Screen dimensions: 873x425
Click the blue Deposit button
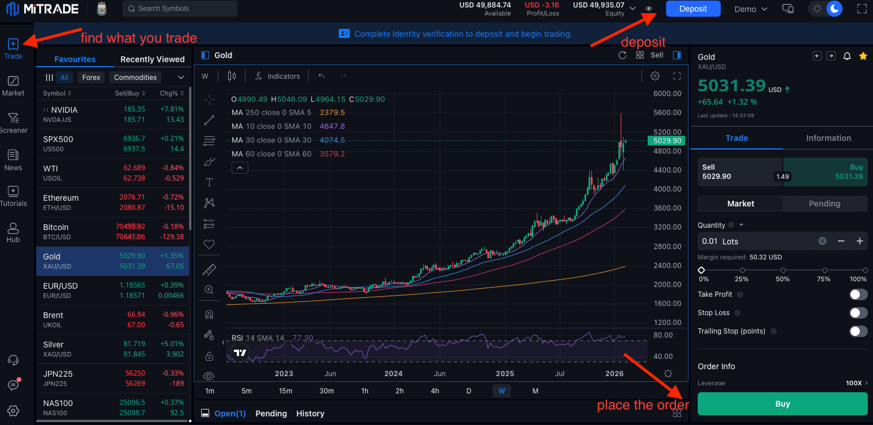pos(693,9)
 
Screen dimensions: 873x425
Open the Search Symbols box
pos(180,9)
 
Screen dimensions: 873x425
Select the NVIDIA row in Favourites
pos(113,114)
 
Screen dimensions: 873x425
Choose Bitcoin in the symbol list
pos(113,232)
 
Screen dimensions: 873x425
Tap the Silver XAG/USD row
pos(113,349)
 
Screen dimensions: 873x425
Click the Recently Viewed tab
pos(152,59)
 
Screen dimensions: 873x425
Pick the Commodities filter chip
pos(135,77)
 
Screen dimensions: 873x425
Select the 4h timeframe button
pos(435,390)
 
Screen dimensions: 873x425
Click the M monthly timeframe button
pos(536,390)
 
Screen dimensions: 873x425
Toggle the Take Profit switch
pos(858,294)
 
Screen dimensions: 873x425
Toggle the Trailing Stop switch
pos(858,331)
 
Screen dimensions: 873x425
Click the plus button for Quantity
pos(860,242)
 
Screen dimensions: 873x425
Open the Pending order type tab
pos(824,204)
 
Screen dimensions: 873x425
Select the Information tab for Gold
pos(829,138)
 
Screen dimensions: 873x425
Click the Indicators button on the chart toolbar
pos(278,76)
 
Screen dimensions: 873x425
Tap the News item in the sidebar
pos(13,160)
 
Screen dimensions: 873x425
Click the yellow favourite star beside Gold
pos(863,56)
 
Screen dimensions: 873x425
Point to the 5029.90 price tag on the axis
pos(667,141)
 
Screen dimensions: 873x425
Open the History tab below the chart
pos(310,413)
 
